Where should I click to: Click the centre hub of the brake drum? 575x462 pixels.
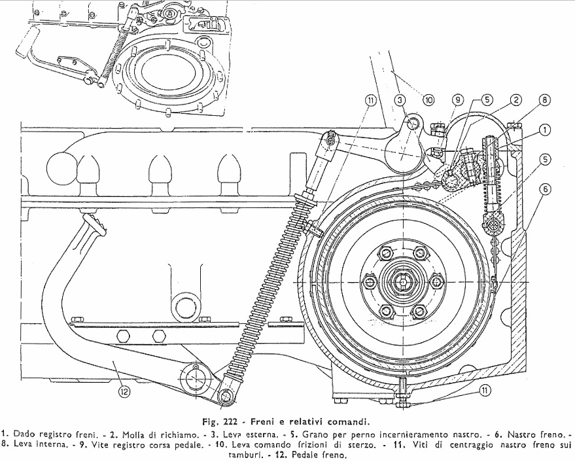click(400, 282)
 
